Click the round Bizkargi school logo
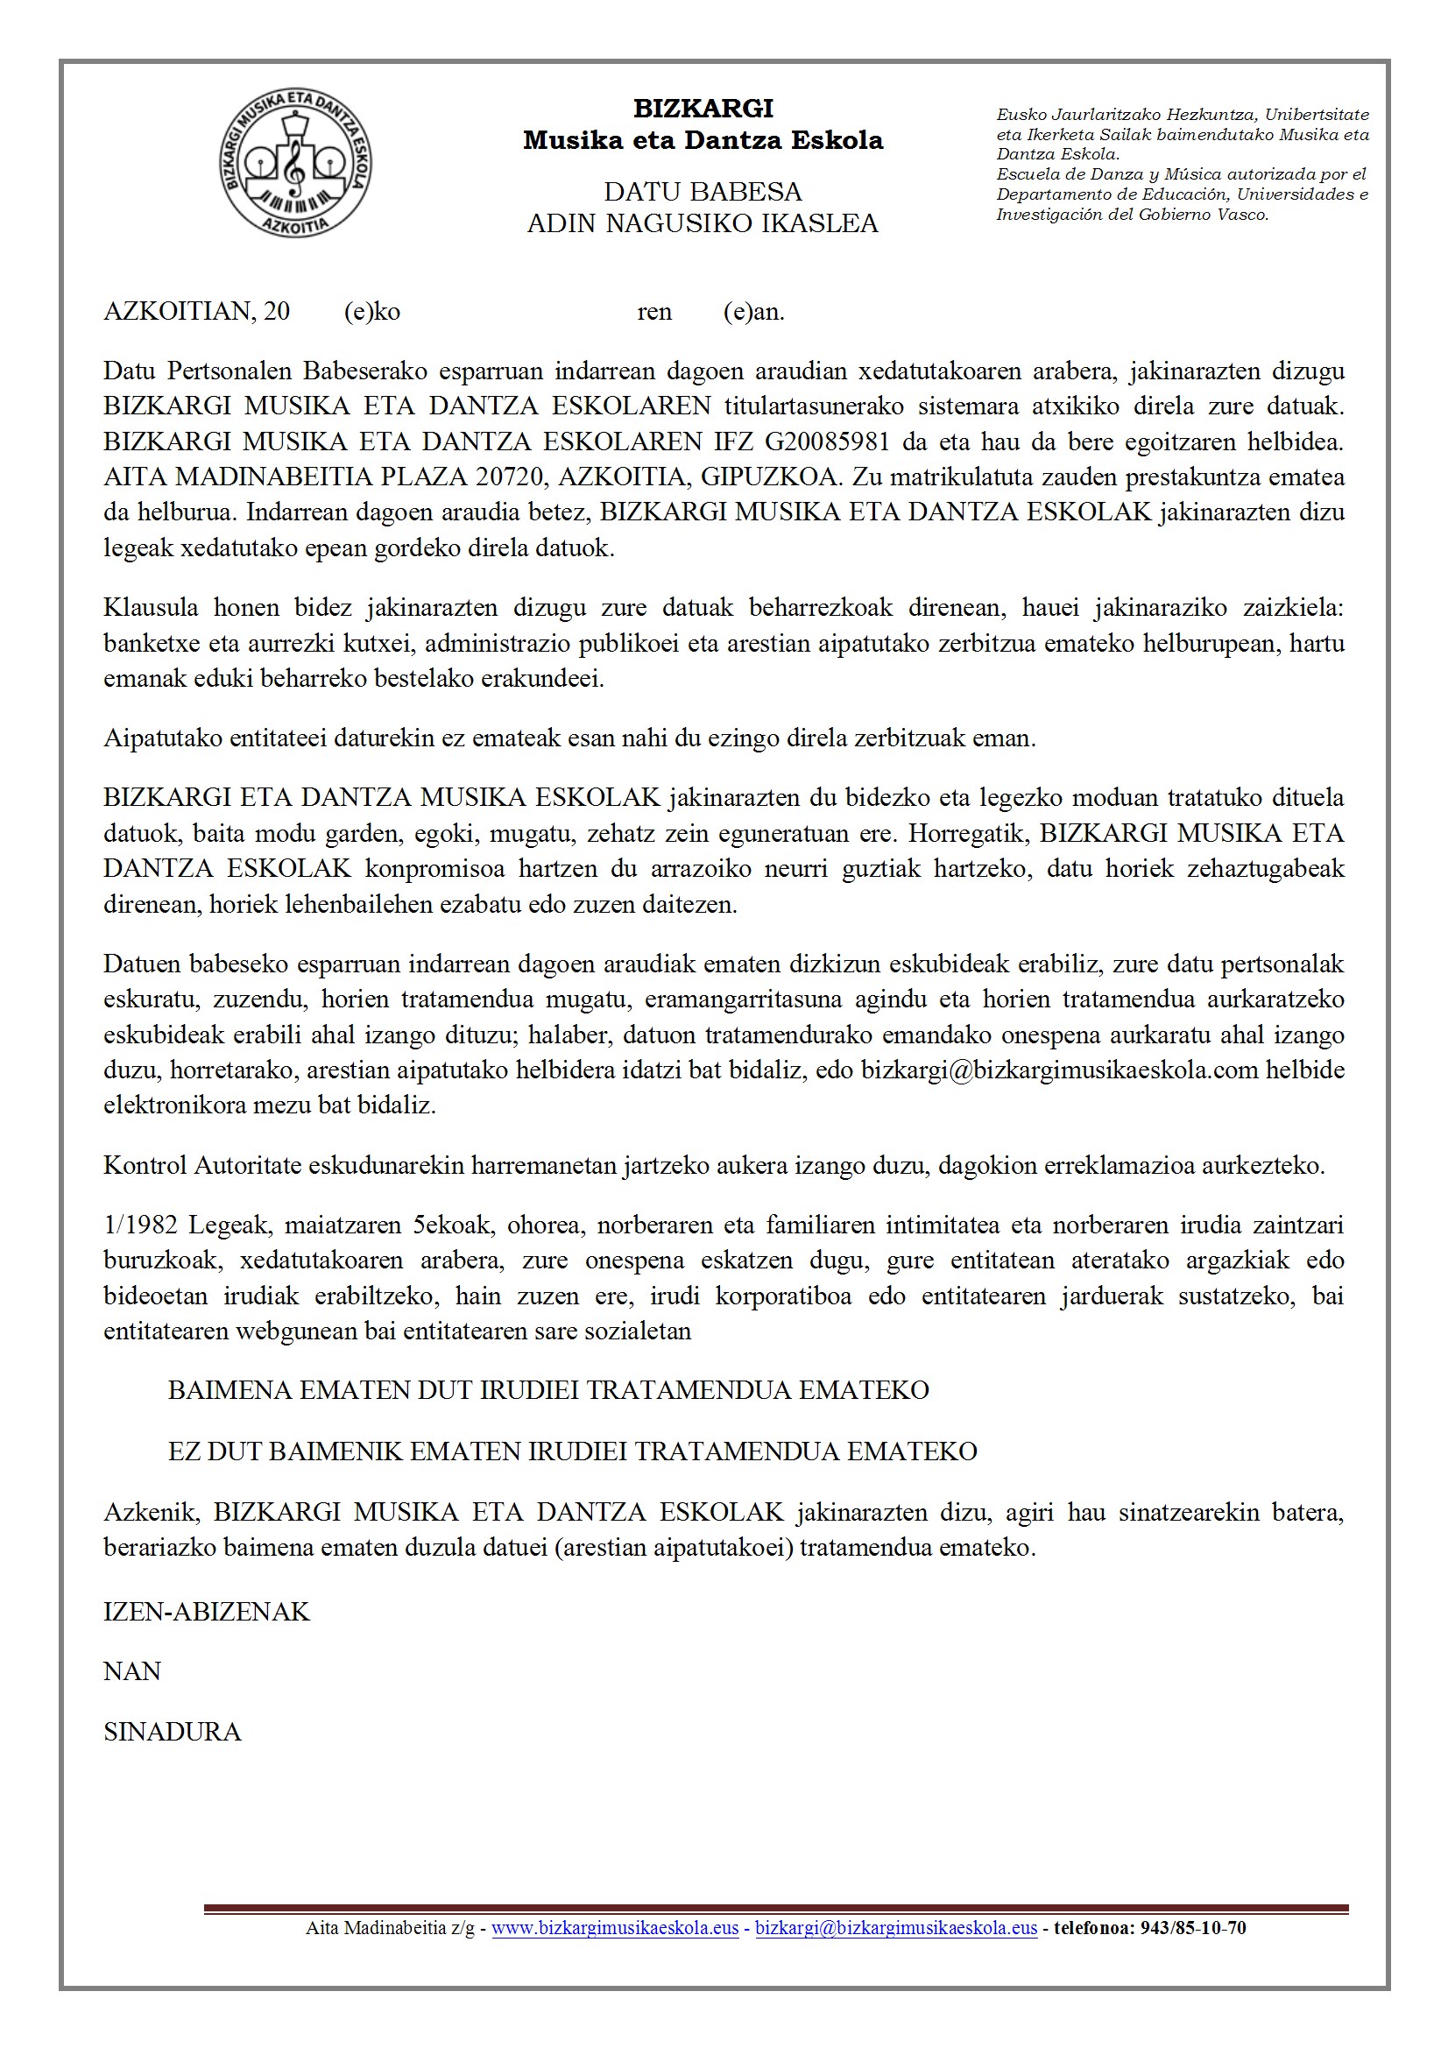[295, 163]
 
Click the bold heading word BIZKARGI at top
[703, 109]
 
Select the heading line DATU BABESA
[703, 192]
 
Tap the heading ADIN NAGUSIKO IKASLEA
[703, 223]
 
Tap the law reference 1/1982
[140, 1225]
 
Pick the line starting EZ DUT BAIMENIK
[572, 1451]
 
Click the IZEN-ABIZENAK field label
[206, 1612]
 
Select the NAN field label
[132, 1671]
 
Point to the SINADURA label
[173, 1733]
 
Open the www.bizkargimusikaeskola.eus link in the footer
[615, 1929]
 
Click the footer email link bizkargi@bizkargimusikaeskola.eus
[896, 1929]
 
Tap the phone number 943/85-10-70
[1193, 1929]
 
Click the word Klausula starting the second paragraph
[151, 608]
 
